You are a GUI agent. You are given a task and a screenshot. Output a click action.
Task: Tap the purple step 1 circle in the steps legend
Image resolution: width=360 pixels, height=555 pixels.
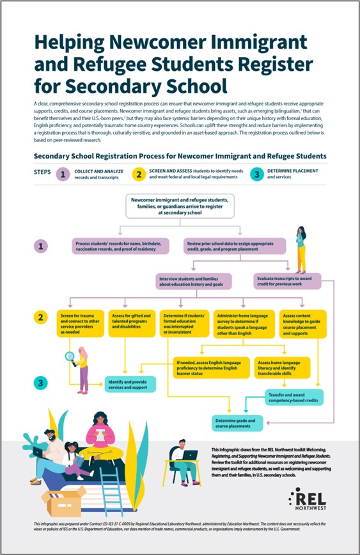pyautogui.click(x=63, y=173)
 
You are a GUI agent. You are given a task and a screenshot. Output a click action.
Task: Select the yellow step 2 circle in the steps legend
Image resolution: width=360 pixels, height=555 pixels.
pyautogui.click(x=138, y=173)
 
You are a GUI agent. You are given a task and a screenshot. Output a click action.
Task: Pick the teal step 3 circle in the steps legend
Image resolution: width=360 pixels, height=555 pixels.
pyautogui.click(x=254, y=173)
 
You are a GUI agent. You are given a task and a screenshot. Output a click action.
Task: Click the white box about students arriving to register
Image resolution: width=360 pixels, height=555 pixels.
pyautogui.click(x=184, y=208)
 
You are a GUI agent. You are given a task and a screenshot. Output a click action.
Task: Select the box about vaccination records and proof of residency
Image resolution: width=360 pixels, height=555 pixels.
pyautogui.click(x=120, y=246)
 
